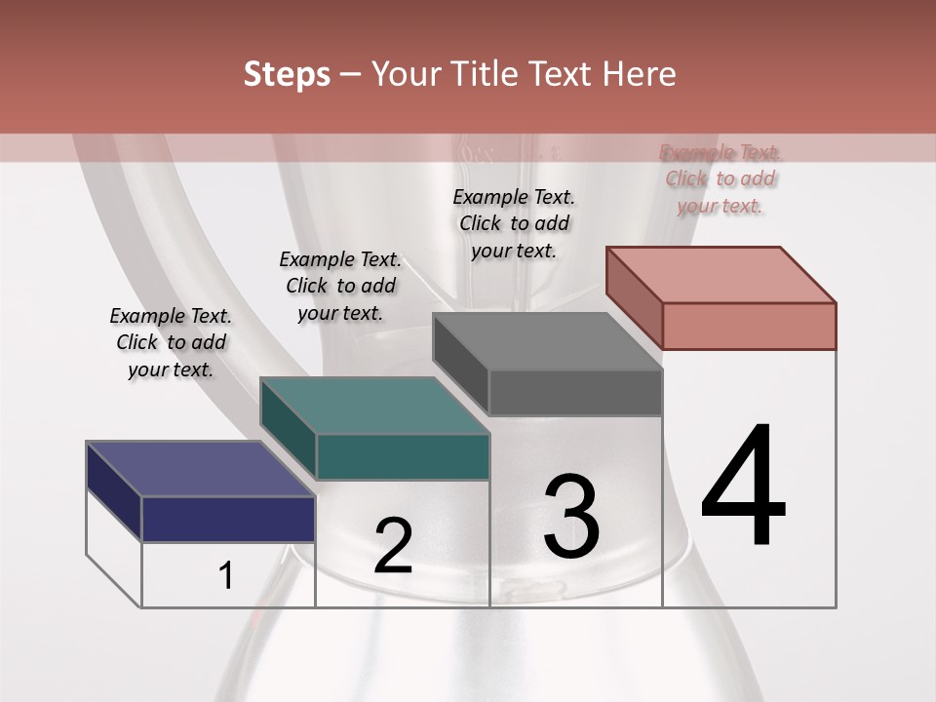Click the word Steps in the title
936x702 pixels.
click(287, 74)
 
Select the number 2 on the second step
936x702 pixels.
click(393, 546)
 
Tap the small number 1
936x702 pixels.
click(226, 576)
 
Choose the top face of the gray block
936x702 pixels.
click(547, 341)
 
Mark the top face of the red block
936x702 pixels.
click(721, 274)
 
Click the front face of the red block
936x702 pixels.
click(749, 326)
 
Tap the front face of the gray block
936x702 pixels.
click(575, 393)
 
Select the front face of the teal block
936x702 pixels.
click(402, 456)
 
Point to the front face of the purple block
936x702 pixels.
click(228, 519)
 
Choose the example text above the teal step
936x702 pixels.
click(340, 287)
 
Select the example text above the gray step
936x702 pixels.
click(514, 223)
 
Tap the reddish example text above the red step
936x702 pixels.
click(721, 178)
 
